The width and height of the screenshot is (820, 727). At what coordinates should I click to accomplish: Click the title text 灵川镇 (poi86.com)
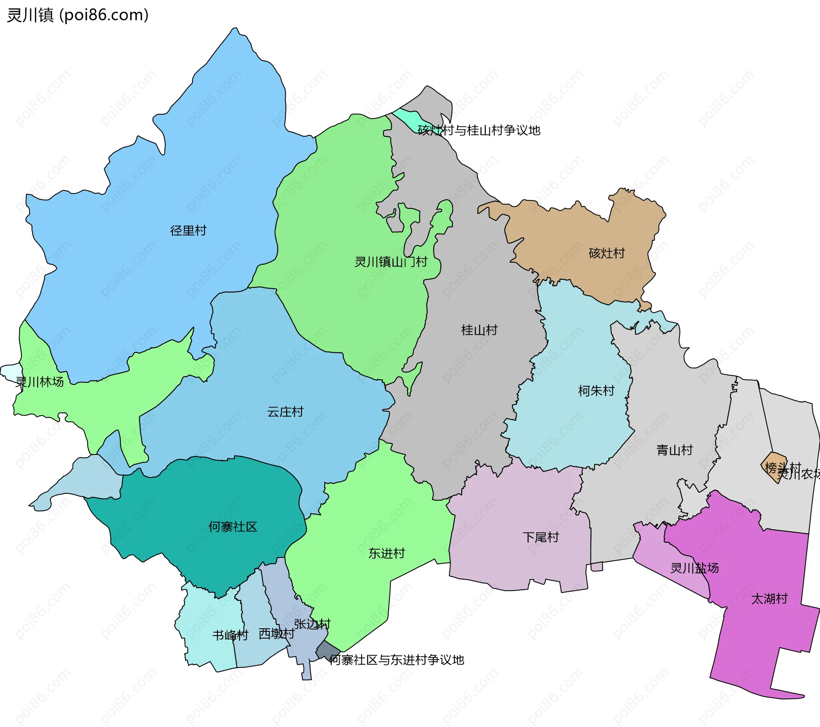(78, 15)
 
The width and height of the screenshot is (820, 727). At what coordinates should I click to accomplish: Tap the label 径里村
(188, 231)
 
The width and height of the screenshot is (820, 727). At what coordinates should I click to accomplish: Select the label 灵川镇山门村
(391, 262)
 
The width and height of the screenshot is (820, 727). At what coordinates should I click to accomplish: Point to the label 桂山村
(479, 330)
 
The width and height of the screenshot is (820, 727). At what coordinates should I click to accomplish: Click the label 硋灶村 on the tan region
(606, 253)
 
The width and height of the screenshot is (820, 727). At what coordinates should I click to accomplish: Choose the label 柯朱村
(596, 391)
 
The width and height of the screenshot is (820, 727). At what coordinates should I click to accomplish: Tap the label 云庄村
(285, 412)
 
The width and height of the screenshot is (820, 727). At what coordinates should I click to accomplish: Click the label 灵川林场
(39, 382)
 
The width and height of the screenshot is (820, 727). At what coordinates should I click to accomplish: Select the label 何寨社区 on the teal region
(233, 527)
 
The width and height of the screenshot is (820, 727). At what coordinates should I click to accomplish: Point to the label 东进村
(387, 554)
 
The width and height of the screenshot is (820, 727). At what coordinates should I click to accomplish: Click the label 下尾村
(541, 537)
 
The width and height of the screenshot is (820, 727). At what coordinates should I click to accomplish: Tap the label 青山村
(674, 450)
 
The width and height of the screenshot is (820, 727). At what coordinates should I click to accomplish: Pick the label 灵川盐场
(694, 568)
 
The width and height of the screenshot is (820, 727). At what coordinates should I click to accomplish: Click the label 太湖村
(769, 599)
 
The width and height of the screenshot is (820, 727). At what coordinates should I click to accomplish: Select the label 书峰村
(230, 636)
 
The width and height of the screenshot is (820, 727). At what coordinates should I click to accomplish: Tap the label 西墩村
(276, 634)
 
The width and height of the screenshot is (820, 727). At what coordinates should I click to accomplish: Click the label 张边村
(312, 624)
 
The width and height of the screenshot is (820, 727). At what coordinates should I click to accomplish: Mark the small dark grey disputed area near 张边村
(328, 651)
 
